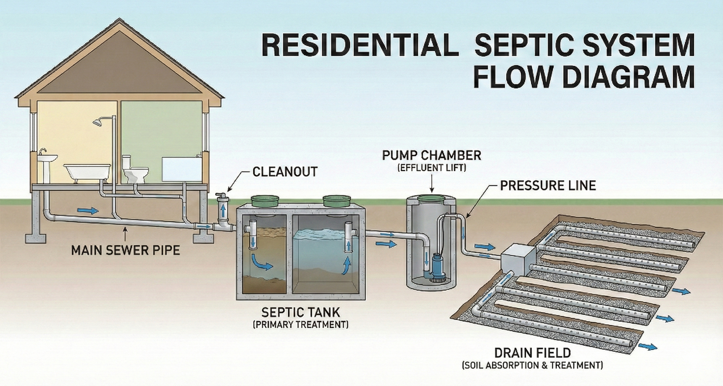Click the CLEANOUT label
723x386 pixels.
pyautogui.click(x=285, y=171)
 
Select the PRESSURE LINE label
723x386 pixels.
pyautogui.click(x=548, y=186)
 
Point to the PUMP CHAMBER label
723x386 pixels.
pyautogui.click(x=432, y=155)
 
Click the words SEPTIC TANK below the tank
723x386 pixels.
pyautogui.click(x=301, y=312)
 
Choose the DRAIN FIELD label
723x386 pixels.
pyautogui.click(x=532, y=353)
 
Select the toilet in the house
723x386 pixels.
pyautogui.click(x=135, y=170)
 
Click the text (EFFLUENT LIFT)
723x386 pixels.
pyautogui.click(x=432, y=168)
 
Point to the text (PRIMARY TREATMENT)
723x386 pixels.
pyautogui.click(x=301, y=325)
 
